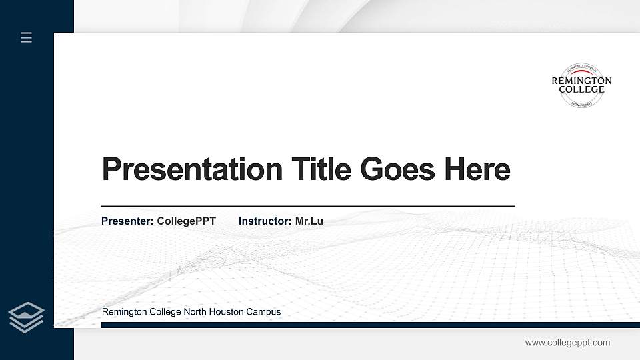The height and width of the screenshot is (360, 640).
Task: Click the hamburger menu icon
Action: point(27,37)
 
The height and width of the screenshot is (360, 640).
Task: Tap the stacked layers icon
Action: point(27,317)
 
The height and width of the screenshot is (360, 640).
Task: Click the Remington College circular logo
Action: point(581,85)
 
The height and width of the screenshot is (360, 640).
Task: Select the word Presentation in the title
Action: point(192,169)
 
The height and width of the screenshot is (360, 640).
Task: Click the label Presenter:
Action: point(127,221)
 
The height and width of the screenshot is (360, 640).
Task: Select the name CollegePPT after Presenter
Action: point(186,221)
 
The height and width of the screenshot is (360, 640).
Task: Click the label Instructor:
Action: point(265,221)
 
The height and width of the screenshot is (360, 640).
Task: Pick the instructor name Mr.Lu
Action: point(309,221)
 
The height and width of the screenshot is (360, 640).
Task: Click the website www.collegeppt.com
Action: point(567,343)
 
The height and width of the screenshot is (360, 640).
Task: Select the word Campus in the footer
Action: point(265,312)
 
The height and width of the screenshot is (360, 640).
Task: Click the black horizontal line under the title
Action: point(307,207)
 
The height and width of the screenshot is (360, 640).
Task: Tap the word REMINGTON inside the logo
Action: point(581,81)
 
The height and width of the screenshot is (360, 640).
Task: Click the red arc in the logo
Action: point(581,73)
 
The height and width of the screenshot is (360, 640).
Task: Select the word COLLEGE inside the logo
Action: point(581,89)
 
